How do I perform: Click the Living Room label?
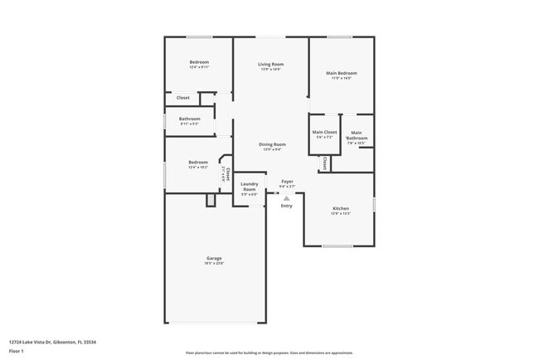pyautogui.click(x=271, y=64)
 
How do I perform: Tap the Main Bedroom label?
pyautogui.click(x=342, y=73)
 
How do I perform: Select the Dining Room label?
pyautogui.click(x=272, y=144)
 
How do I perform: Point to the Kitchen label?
pyautogui.click(x=341, y=208)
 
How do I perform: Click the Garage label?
pyautogui.click(x=214, y=258)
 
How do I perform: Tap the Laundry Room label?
pyautogui.click(x=250, y=187)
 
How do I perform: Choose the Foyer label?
pyautogui.click(x=287, y=182)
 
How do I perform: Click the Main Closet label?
pyautogui.click(x=324, y=133)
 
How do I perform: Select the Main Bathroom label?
pyautogui.click(x=356, y=135)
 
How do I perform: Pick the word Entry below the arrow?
pyautogui.click(x=286, y=206)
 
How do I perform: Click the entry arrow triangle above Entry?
pyautogui.click(x=286, y=198)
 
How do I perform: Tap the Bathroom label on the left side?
pyautogui.click(x=189, y=119)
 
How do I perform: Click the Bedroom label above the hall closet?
pyautogui.click(x=199, y=62)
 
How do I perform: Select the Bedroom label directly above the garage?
pyautogui.click(x=197, y=162)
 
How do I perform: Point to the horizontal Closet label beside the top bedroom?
pyautogui.click(x=182, y=98)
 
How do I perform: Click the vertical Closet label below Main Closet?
pyautogui.click(x=324, y=163)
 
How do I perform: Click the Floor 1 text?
pyautogui.click(x=17, y=351)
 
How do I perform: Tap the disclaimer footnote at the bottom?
pyautogui.click(x=269, y=352)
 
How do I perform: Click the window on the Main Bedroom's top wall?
pyautogui.click(x=340, y=36)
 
